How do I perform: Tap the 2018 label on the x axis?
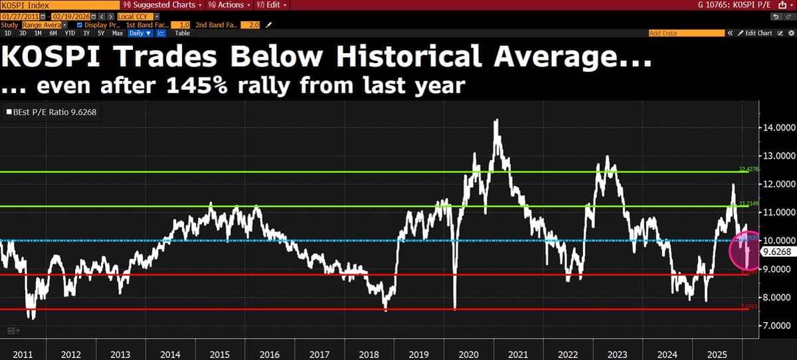point(369,355)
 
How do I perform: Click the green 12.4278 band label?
point(749,169)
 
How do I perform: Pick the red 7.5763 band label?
point(749,306)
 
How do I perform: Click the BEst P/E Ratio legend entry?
point(52,112)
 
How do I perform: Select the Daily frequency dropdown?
point(140,33)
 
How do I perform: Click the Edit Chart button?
point(756,33)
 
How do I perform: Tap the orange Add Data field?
point(685,33)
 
